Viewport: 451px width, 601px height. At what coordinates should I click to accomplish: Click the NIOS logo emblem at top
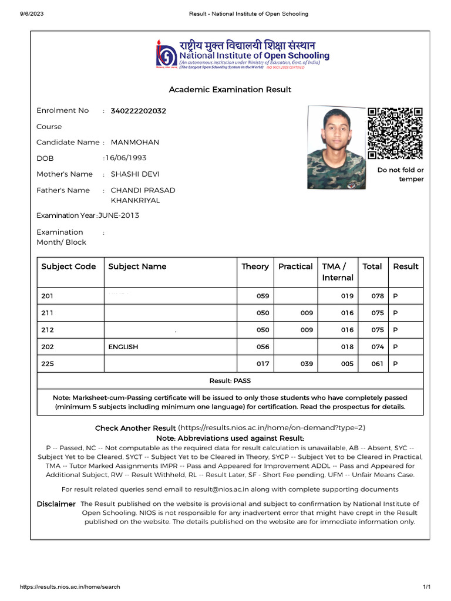[166, 54]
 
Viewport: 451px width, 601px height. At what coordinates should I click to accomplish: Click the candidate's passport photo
[336, 147]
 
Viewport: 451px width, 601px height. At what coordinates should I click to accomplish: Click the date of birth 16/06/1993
[126, 158]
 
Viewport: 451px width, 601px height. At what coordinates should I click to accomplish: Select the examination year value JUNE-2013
[119, 215]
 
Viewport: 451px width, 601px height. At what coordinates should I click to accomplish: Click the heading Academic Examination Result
[230, 90]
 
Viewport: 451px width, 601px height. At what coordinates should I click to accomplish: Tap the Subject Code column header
[69, 266]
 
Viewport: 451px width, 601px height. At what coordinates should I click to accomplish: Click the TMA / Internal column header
[338, 272]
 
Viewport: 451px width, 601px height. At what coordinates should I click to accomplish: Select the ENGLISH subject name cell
[123, 347]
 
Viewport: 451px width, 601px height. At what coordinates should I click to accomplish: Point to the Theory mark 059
[262, 296]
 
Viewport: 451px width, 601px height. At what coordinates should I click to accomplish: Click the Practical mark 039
[307, 364]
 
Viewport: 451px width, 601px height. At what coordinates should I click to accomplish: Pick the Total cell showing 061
[377, 364]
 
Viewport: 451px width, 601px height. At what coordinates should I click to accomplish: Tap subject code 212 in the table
[48, 330]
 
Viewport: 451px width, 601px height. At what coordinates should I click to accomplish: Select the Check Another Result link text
[135, 428]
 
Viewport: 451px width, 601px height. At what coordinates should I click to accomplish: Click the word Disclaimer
[56, 504]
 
